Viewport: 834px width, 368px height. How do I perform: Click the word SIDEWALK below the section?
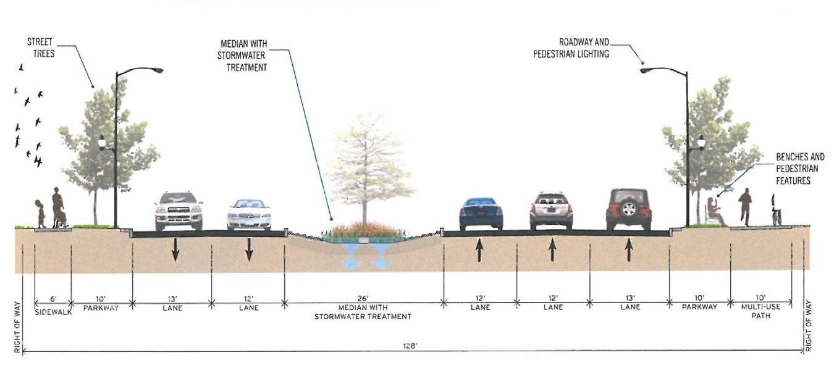pos(53,312)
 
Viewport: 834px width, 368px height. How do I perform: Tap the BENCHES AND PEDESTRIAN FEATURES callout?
pos(799,169)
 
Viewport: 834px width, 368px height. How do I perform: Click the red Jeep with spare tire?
pos(628,209)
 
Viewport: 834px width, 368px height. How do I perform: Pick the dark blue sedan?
pos(481,214)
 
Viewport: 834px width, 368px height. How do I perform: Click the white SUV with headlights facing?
pos(179,210)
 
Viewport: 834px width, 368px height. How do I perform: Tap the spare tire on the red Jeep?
pos(628,209)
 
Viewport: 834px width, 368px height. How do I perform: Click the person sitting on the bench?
pos(715,211)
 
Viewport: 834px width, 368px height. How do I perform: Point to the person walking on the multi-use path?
pos(746,206)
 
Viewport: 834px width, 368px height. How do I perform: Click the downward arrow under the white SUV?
pos(175,249)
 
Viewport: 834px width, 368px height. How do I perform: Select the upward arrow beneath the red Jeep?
pos(629,249)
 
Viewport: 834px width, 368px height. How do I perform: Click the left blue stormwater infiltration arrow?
pos(351,256)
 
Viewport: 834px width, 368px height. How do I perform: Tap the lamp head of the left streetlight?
pos(155,70)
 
